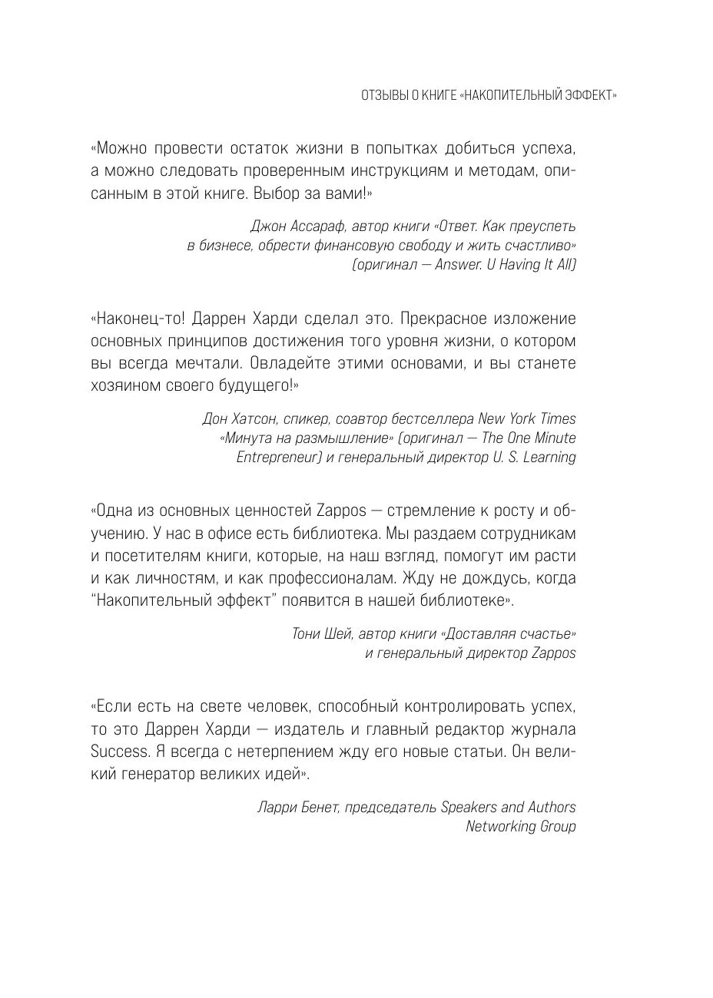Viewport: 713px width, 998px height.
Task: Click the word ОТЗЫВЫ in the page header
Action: pos(382,95)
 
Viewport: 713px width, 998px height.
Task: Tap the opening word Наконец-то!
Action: pos(134,318)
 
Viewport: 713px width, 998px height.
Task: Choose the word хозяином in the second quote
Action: pos(128,385)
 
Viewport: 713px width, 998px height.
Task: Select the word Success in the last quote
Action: pos(118,750)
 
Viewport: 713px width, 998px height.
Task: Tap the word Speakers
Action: pos(469,807)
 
